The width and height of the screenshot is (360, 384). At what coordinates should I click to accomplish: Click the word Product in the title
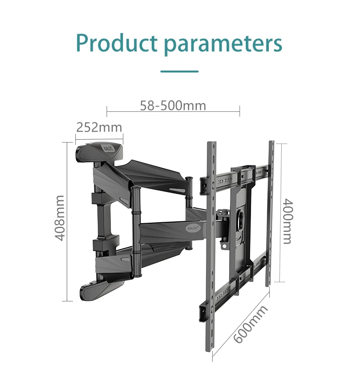[x=117, y=43]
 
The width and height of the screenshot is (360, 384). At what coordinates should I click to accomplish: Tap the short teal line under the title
[x=180, y=72]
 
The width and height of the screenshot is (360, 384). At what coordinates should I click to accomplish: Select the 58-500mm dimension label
[x=173, y=105]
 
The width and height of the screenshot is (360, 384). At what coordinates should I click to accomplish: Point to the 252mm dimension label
[x=99, y=127]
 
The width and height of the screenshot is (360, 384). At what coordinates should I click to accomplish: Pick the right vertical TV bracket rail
[x=271, y=211]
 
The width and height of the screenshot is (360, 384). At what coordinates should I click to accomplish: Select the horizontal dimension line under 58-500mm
[x=173, y=112]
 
